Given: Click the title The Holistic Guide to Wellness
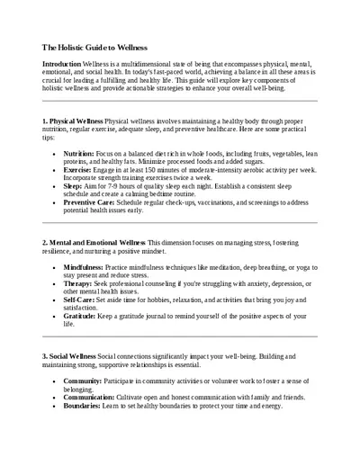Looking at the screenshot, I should pyautogui.click(x=95, y=47).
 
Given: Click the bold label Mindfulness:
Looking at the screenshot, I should pyautogui.click(x=88, y=268).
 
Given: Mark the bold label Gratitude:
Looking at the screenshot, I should pyautogui.click(x=84, y=319).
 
